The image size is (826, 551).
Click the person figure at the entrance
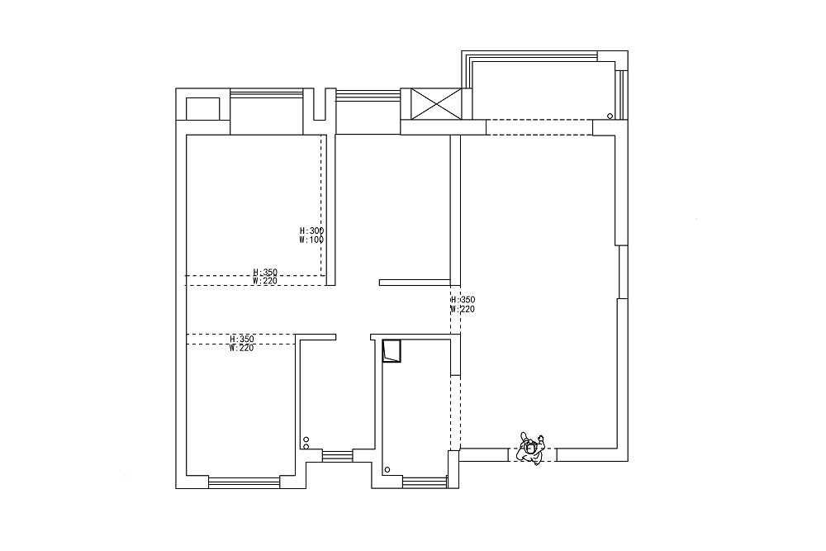(529, 449)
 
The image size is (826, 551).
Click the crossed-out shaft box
(434, 104)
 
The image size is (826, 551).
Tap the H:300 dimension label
(311, 231)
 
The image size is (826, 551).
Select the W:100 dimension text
(311, 240)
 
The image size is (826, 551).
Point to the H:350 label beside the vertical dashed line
(463, 300)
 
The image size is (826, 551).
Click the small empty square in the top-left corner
(202, 108)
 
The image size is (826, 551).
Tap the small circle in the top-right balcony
(610, 116)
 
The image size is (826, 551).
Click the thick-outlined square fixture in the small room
(392, 351)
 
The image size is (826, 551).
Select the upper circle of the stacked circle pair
(306, 439)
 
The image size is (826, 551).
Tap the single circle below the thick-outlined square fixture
(387, 469)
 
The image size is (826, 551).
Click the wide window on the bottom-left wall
(244, 481)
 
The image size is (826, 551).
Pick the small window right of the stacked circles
(336, 455)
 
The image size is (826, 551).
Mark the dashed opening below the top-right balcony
(539, 127)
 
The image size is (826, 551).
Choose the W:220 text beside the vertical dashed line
(463, 309)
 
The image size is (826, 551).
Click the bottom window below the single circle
(424, 481)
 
